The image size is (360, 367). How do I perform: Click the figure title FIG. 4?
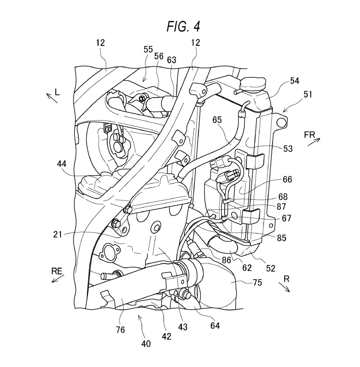click(183, 26)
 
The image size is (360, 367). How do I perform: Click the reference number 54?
click(295, 81)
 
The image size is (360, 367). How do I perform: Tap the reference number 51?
click(308, 94)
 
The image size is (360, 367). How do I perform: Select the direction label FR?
click(310, 135)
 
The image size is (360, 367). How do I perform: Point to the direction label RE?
click(57, 271)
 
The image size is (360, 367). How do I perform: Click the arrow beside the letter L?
click(52, 98)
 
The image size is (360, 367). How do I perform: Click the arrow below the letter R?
click(284, 287)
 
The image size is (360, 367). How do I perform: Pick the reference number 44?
click(61, 164)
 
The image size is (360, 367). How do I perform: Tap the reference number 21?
click(58, 234)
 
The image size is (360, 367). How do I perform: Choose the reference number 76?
click(120, 330)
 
